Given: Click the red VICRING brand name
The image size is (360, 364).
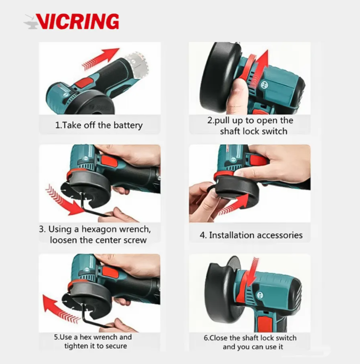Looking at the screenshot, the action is pyautogui.click(x=77, y=21).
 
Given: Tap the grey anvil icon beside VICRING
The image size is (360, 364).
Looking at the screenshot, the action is pyautogui.click(x=30, y=22).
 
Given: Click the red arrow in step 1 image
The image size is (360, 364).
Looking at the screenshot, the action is pyautogui.click(x=100, y=58).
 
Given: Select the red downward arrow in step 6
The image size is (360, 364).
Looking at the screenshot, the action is pyautogui.click(x=253, y=274).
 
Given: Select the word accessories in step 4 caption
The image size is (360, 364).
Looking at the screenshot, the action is pyautogui.click(x=280, y=235).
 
